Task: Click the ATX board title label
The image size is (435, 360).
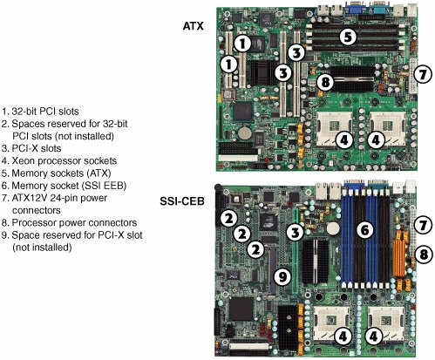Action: pyautogui.click(x=193, y=26)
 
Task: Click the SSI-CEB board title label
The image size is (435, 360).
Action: pyautogui.click(x=182, y=201)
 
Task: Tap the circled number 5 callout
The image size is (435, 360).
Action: pyautogui.click(x=348, y=37)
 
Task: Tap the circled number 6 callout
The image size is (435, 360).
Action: pyautogui.click(x=364, y=230)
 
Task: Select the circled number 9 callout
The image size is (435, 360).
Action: pyautogui.click(x=283, y=276)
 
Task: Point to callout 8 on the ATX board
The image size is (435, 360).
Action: pyautogui.click(x=325, y=82)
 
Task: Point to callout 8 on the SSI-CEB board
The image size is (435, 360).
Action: pyautogui.click(x=424, y=255)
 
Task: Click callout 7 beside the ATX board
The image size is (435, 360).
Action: pyautogui.click(x=423, y=74)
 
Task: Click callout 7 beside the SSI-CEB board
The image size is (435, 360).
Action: pyautogui.click(x=423, y=225)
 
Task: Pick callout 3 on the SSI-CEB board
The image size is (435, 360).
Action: pyautogui.click(x=296, y=233)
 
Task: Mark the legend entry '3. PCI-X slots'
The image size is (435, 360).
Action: pyautogui.click(x=31, y=148)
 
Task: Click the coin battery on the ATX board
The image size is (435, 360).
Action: pyautogui.click(x=245, y=133)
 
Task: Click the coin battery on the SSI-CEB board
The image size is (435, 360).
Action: pyautogui.click(x=333, y=228)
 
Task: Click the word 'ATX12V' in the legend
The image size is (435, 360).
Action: pyautogui.click(x=30, y=198)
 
